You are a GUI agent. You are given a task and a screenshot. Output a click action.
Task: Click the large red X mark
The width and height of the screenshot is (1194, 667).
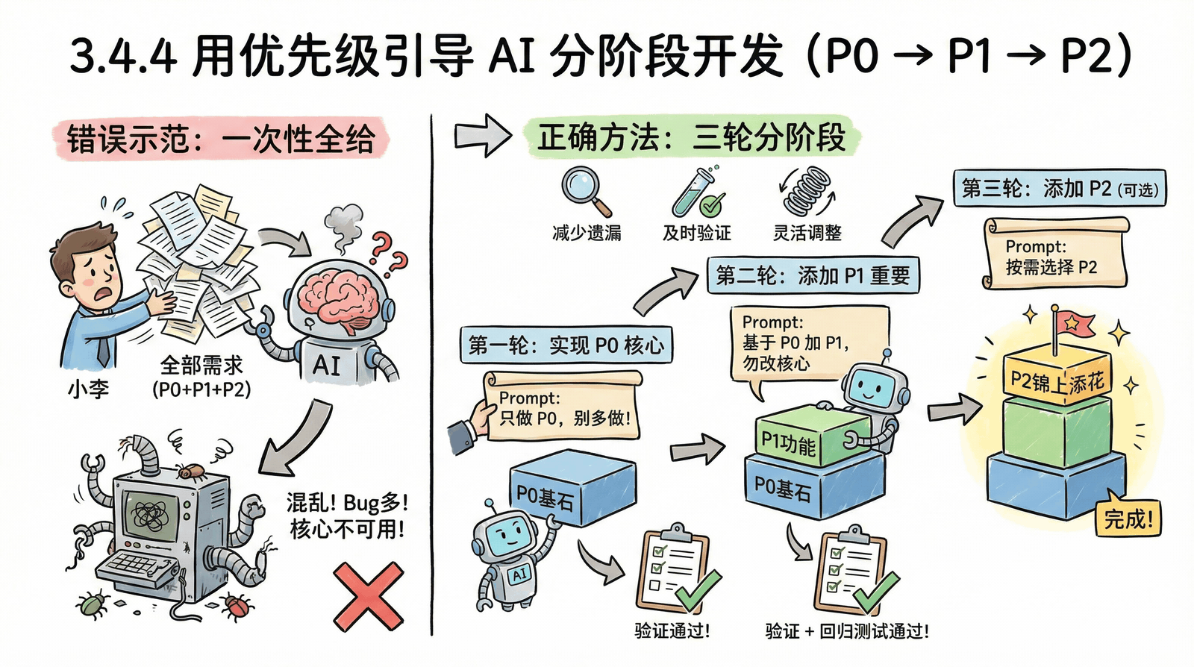click(x=369, y=597)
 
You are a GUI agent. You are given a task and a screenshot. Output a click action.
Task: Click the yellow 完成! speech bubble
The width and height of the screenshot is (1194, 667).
click(x=1128, y=516)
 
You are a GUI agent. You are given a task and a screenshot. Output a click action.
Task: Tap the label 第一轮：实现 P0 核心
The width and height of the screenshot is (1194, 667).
click(x=566, y=345)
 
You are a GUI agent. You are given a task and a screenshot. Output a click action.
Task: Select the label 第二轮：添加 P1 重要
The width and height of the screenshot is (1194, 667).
click(x=813, y=275)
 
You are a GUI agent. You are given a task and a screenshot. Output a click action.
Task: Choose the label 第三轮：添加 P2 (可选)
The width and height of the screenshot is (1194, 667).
click(x=1059, y=188)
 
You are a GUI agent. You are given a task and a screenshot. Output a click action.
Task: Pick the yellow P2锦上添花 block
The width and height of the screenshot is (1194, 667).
click(x=1057, y=377)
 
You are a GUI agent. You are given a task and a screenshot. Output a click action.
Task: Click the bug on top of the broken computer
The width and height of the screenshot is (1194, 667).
click(x=190, y=470)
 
